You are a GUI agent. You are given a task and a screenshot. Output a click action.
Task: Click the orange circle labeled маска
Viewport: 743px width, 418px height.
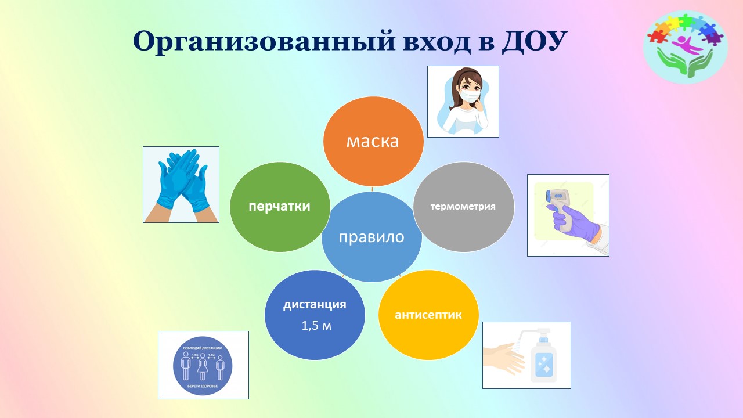[x=373, y=141]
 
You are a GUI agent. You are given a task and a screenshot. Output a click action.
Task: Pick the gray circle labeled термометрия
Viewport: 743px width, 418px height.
[x=463, y=206]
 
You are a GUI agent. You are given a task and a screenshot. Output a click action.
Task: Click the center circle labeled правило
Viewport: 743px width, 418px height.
[x=371, y=237]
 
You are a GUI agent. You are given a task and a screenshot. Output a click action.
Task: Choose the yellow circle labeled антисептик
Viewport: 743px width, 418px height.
[x=428, y=315]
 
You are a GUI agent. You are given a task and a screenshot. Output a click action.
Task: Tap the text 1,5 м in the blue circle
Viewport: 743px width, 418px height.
[x=316, y=326]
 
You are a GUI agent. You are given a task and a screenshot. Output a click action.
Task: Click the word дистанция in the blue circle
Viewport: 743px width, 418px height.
[x=315, y=305]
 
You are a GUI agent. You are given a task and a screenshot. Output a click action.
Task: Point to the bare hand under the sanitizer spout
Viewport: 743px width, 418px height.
[x=504, y=355]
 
